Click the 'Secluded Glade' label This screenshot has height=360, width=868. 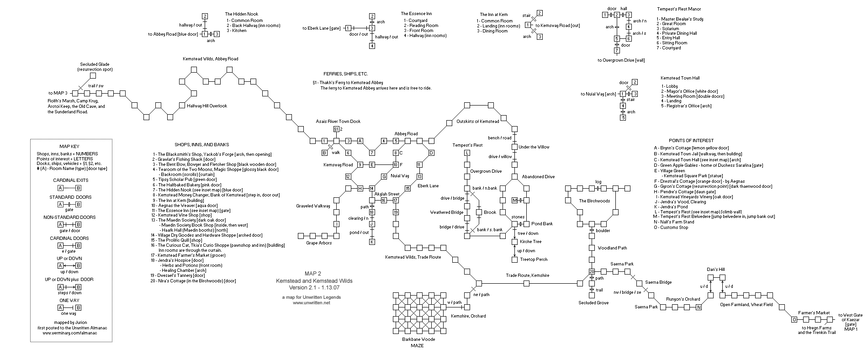point(95,64)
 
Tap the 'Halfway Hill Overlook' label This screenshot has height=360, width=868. point(207,106)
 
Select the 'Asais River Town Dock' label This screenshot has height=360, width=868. point(338,122)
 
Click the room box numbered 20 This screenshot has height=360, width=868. point(592,272)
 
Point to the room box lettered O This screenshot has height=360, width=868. point(794,320)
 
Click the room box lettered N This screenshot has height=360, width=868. point(699,307)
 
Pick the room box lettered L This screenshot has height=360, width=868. point(467,153)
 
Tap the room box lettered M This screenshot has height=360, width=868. point(514,200)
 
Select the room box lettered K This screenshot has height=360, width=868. point(372,242)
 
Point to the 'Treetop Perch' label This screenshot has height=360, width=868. point(534,259)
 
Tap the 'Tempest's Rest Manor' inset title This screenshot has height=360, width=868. point(679,9)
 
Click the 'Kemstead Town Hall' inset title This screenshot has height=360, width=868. point(680,78)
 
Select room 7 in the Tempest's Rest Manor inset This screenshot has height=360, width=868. point(616,50)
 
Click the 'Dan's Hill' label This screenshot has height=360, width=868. point(716,270)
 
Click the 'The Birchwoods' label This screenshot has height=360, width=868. point(594,201)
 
